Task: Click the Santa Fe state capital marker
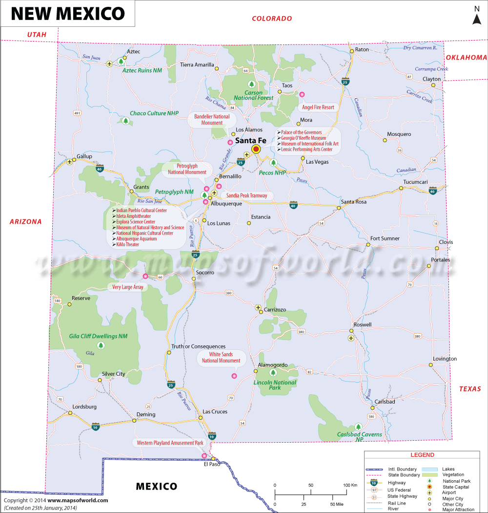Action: click(255, 150)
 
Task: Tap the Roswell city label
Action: click(363, 325)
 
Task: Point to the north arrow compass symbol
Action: click(477, 15)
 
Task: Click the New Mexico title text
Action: click(68, 13)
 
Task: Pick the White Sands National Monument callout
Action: click(221, 358)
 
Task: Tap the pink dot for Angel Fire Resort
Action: click(302, 94)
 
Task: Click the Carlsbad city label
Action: click(385, 402)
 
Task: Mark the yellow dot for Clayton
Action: click(433, 85)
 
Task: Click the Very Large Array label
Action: click(128, 287)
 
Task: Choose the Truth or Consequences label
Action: click(198, 346)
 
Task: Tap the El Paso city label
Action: click(212, 464)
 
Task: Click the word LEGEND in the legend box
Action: click(422, 455)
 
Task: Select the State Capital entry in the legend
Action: click(456, 487)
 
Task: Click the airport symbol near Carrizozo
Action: click(258, 307)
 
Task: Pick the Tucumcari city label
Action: click(415, 182)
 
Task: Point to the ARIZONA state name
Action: click(26, 222)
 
